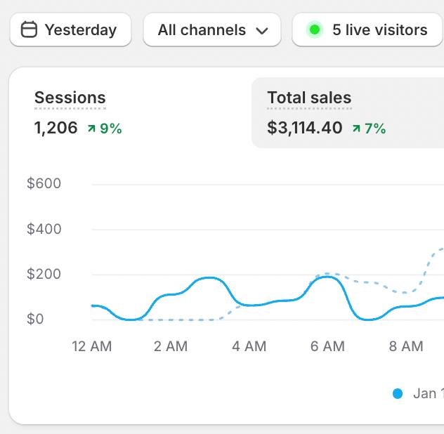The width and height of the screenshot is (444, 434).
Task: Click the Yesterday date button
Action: click(x=70, y=30)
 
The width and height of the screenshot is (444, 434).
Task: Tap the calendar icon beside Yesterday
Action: click(x=29, y=30)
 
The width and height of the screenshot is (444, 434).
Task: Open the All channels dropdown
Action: click(x=211, y=30)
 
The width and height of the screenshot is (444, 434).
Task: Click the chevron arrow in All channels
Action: click(x=262, y=31)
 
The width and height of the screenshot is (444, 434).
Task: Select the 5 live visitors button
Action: click(x=367, y=30)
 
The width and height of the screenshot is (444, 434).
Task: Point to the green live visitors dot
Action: click(x=315, y=30)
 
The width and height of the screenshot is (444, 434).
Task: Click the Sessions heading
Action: click(x=70, y=98)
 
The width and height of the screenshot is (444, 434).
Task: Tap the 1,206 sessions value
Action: click(x=55, y=128)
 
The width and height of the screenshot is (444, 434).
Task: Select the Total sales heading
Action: click(x=309, y=98)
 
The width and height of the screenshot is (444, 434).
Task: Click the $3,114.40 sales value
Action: click(x=305, y=128)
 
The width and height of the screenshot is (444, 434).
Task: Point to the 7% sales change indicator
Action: click(x=369, y=129)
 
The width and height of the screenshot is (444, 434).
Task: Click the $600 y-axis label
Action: click(x=44, y=184)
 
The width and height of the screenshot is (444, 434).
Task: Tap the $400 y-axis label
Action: click(x=44, y=229)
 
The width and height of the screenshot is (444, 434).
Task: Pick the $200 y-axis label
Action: click(x=44, y=274)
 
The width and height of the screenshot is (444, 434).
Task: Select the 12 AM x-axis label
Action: click(x=92, y=346)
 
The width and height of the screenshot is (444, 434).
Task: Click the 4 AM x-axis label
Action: click(x=249, y=346)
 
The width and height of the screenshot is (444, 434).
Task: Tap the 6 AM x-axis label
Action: click(x=327, y=346)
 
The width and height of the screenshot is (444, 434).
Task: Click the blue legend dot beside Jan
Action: click(x=398, y=394)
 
